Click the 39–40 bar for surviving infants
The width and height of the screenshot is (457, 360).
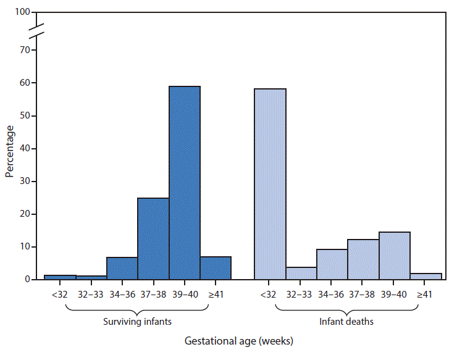184,183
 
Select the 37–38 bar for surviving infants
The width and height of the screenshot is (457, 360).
153,238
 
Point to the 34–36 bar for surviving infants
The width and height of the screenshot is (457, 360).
122,268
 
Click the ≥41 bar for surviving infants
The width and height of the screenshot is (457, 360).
216,268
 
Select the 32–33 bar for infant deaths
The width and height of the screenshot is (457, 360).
301,273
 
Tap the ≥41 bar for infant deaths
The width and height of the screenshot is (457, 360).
426,276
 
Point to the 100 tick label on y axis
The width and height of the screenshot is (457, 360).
23,12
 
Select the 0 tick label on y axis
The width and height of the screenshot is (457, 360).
27,280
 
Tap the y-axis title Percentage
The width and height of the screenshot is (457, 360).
10,151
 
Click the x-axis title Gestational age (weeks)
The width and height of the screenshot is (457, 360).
239,341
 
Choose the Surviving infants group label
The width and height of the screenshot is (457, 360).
138,321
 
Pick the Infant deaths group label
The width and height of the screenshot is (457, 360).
346,321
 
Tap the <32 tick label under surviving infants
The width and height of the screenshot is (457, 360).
60,294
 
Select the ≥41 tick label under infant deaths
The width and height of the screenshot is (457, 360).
425,294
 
